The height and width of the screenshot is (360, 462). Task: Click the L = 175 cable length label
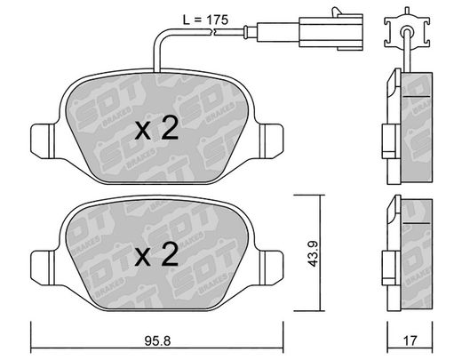(205, 20)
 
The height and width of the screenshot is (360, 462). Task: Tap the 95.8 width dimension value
(157, 341)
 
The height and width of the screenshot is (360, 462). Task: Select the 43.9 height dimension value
(313, 253)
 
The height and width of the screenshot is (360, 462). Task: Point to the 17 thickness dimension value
(410, 341)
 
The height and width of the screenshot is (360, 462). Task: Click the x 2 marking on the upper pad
(156, 128)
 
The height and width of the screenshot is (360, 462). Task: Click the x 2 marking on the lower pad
(156, 254)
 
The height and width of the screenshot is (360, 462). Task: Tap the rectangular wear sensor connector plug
(331, 32)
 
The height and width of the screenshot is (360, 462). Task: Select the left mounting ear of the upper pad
(43, 141)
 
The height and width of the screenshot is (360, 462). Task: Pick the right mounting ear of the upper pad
(271, 141)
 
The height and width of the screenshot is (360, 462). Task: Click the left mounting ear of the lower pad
(43, 268)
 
